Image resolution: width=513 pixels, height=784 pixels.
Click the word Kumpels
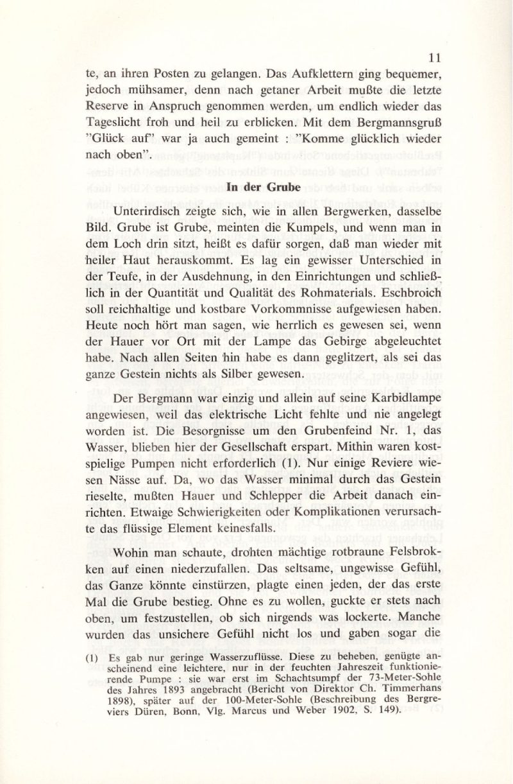click(320, 228)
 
